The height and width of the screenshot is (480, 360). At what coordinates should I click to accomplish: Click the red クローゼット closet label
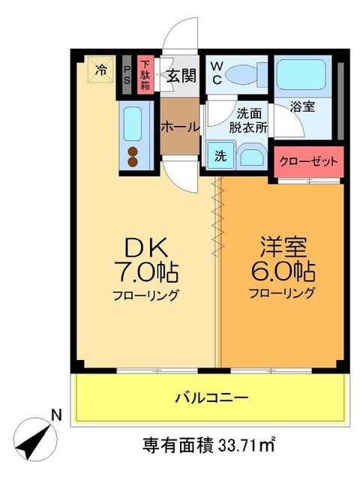308,160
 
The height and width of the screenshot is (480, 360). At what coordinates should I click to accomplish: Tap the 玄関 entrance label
181,76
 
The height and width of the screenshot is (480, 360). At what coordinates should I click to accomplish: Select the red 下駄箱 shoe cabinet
145,75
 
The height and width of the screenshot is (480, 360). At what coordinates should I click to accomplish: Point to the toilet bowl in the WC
244,74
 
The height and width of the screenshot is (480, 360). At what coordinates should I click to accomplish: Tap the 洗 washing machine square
220,157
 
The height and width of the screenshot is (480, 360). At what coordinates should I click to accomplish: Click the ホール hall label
180,127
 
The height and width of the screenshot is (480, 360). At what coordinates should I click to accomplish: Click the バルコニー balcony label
211,397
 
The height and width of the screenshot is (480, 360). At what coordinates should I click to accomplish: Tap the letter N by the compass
55,413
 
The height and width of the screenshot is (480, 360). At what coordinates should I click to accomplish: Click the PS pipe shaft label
127,76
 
